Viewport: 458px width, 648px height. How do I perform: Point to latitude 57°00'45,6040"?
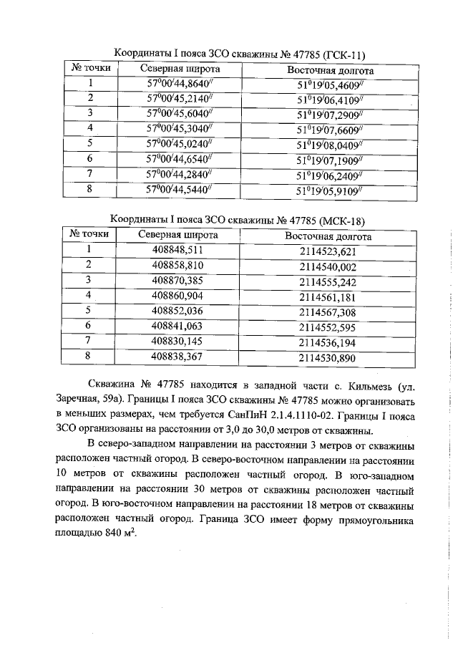click(180, 113)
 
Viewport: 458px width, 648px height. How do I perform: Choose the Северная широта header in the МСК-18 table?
click(178, 234)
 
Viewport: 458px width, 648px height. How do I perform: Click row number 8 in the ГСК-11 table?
click(91, 190)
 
